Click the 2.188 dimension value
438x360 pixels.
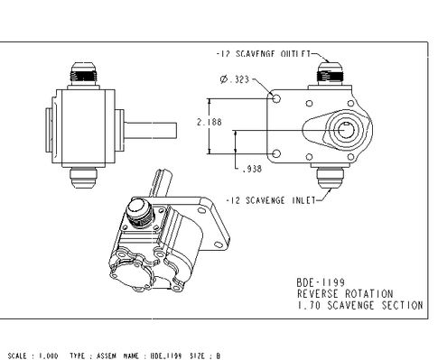click(x=210, y=122)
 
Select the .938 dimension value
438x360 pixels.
click(x=252, y=169)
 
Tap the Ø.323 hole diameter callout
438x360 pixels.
click(x=235, y=79)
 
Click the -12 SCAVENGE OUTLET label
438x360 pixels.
click(x=264, y=54)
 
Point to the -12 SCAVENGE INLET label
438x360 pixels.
click(x=271, y=200)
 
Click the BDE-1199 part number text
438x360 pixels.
click(x=321, y=282)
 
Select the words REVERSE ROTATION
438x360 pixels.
click(x=345, y=294)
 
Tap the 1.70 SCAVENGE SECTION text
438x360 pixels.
click(x=360, y=305)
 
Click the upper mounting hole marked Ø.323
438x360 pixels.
click(x=276, y=98)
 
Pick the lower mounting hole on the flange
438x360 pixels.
click(x=276, y=154)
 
